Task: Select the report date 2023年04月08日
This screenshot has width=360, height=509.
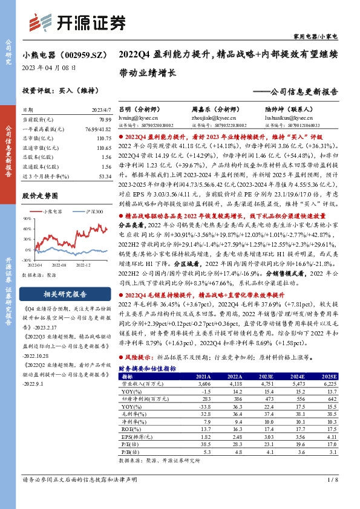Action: click(44, 68)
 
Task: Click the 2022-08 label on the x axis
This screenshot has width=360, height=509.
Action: click(59, 264)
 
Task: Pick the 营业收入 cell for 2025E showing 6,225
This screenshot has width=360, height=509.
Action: click(344, 383)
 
